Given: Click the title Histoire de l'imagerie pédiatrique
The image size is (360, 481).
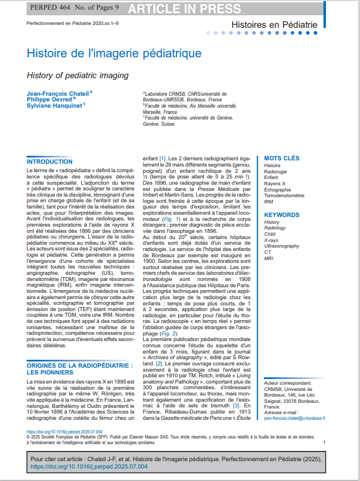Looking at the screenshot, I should click(x=114, y=54).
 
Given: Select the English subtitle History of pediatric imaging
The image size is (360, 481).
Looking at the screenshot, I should click(x=78, y=75).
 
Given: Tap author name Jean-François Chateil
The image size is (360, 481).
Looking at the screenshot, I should click(x=58, y=93).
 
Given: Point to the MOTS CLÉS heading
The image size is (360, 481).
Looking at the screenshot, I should click(x=282, y=158).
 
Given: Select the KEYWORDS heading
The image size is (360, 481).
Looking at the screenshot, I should click(x=282, y=215).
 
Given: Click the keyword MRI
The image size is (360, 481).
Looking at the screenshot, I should click(x=269, y=259).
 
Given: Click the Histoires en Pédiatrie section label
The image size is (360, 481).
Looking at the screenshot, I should click(x=275, y=25).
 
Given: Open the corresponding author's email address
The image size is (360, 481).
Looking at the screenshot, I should click(x=295, y=418).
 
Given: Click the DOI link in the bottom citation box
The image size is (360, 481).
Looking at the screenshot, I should click(x=88, y=467).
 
